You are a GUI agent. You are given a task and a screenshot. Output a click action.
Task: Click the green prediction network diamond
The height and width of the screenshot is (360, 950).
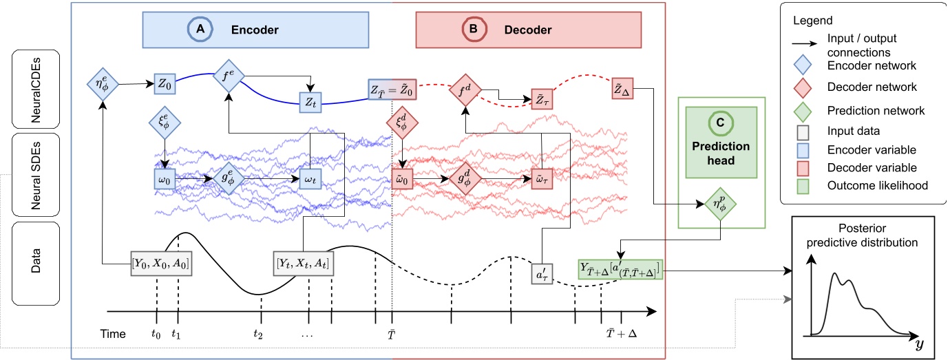click(720, 204)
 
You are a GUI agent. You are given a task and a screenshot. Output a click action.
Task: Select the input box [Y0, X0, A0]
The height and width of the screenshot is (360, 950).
click(161, 263)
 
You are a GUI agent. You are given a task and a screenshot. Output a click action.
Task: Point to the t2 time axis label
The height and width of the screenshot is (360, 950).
click(258, 335)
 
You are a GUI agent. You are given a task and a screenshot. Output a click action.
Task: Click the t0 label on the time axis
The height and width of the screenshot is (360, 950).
click(156, 335)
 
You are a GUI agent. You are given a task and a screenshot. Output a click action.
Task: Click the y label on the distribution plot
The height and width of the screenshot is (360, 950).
click(918, 343)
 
